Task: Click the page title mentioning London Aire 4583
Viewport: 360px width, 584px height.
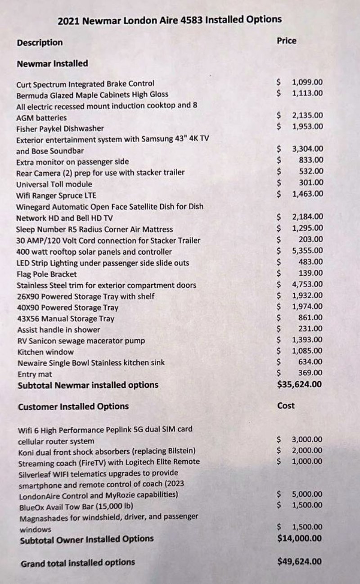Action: pos(170,19)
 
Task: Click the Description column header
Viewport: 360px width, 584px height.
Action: pos(40,43)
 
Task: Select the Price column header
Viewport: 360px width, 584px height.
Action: pos(287,40)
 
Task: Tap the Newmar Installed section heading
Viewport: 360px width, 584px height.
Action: pos(52,63)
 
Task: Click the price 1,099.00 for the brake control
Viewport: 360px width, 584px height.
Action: pos(307,82)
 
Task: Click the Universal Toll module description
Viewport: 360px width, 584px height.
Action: pos(54,184)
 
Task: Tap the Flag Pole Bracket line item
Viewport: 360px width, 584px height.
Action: pos(46,274)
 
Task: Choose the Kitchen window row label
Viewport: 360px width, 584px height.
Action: pos(45,352)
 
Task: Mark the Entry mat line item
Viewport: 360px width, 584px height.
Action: pos(35,374)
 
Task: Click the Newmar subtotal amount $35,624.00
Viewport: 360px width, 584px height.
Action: pos(300,384)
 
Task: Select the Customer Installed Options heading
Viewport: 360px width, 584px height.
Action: pos(73,406)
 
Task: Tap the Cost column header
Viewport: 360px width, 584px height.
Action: pos(286,405)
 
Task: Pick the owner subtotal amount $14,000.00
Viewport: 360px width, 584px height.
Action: pos(300,538)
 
